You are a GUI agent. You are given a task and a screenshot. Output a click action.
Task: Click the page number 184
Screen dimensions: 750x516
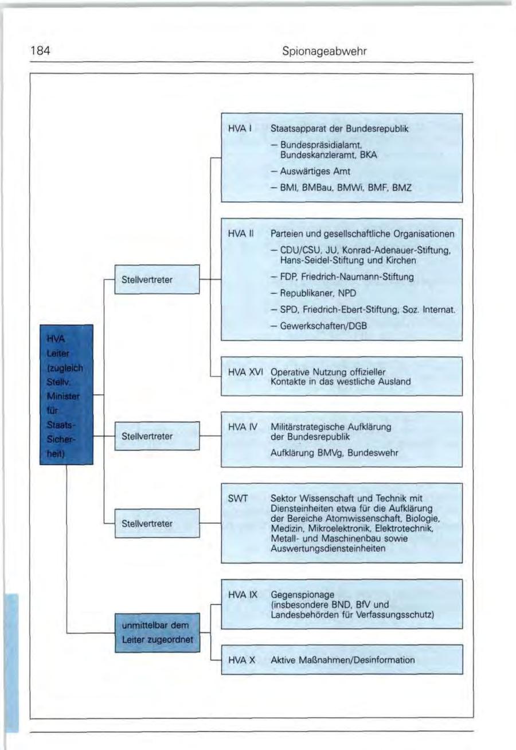pyautogui.click(x=41, y=52)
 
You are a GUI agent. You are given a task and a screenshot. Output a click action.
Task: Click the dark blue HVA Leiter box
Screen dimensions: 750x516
pyautogui.click(x=66, y=394)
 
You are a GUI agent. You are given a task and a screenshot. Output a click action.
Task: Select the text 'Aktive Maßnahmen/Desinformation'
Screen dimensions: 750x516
pyautogui.click(x=342, y=660)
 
